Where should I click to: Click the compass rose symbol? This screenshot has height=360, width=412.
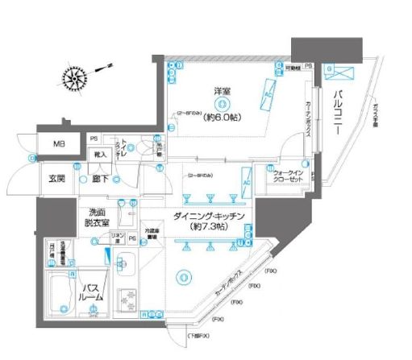click(79, 79)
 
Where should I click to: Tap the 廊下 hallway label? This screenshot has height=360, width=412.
click(102, 179)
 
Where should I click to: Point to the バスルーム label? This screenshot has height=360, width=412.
click(90, 292)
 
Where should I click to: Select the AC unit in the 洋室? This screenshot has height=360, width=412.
click(268, 99)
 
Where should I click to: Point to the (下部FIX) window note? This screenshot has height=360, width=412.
click(177, 334)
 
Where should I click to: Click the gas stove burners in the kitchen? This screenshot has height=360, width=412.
click(129, 300)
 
